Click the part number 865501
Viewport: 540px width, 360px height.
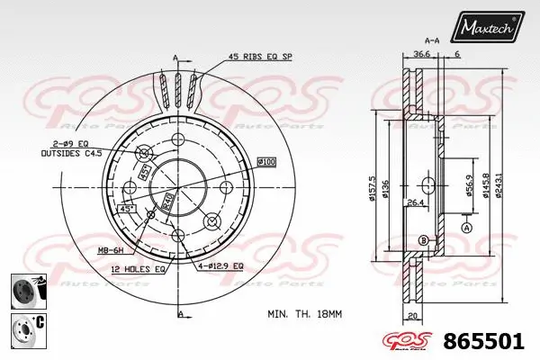485,343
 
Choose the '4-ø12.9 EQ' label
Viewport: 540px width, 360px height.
221,267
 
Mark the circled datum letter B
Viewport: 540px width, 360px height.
423,239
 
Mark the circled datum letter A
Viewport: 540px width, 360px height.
467,228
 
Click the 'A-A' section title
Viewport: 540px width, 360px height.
431,40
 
